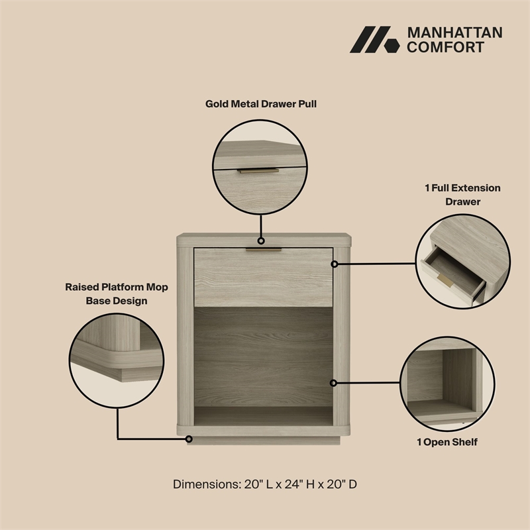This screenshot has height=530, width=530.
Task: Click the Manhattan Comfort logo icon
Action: coord(374,40)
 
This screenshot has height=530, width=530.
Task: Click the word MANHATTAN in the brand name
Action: coord(454,32)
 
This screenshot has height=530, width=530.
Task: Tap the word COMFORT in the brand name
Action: coord(445,47)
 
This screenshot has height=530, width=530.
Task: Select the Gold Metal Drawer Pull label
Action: coord(261,104)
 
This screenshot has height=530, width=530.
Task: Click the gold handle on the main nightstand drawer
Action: coord(263,250)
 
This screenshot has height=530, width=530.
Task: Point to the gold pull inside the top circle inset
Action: coord(258,171)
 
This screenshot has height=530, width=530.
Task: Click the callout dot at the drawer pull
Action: coord(261,241)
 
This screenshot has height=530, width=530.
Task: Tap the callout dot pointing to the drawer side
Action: coord(335,264)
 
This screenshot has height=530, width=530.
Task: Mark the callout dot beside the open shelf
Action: coord(333,383)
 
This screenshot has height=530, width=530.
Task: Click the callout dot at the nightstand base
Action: coord(189,439)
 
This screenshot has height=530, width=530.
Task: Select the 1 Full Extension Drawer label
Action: coord(462,195)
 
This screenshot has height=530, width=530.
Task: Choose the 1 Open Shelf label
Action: coord(447,442)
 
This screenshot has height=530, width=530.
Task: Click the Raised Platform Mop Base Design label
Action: coord(117,293)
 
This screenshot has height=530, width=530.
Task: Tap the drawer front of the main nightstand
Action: coord(263,278)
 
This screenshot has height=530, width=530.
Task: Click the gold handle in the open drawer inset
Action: coord(445,280)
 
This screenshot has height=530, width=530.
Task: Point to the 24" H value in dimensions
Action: coord(299,484)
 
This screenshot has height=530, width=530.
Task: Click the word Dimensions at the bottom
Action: coord(207,484)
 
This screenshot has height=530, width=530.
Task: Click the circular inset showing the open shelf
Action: coord(447,384)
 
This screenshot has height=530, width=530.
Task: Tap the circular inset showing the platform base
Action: coord(117,360)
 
